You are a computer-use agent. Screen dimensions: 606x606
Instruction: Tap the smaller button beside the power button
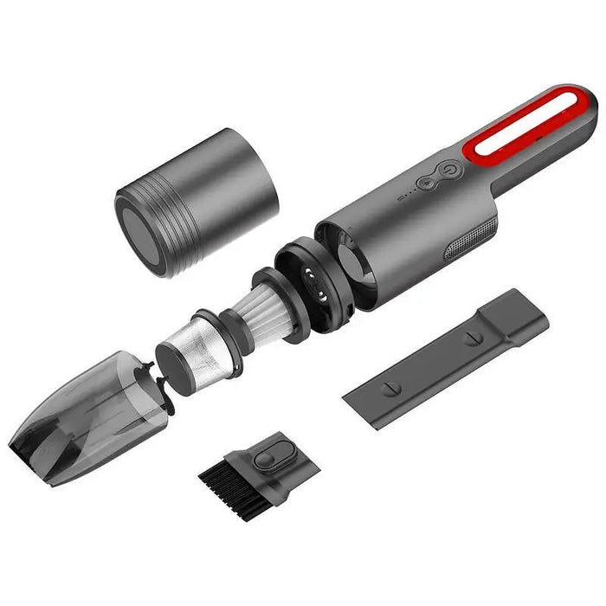pos(427,183)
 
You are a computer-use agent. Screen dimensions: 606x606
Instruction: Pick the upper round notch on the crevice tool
pos(474,337)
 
